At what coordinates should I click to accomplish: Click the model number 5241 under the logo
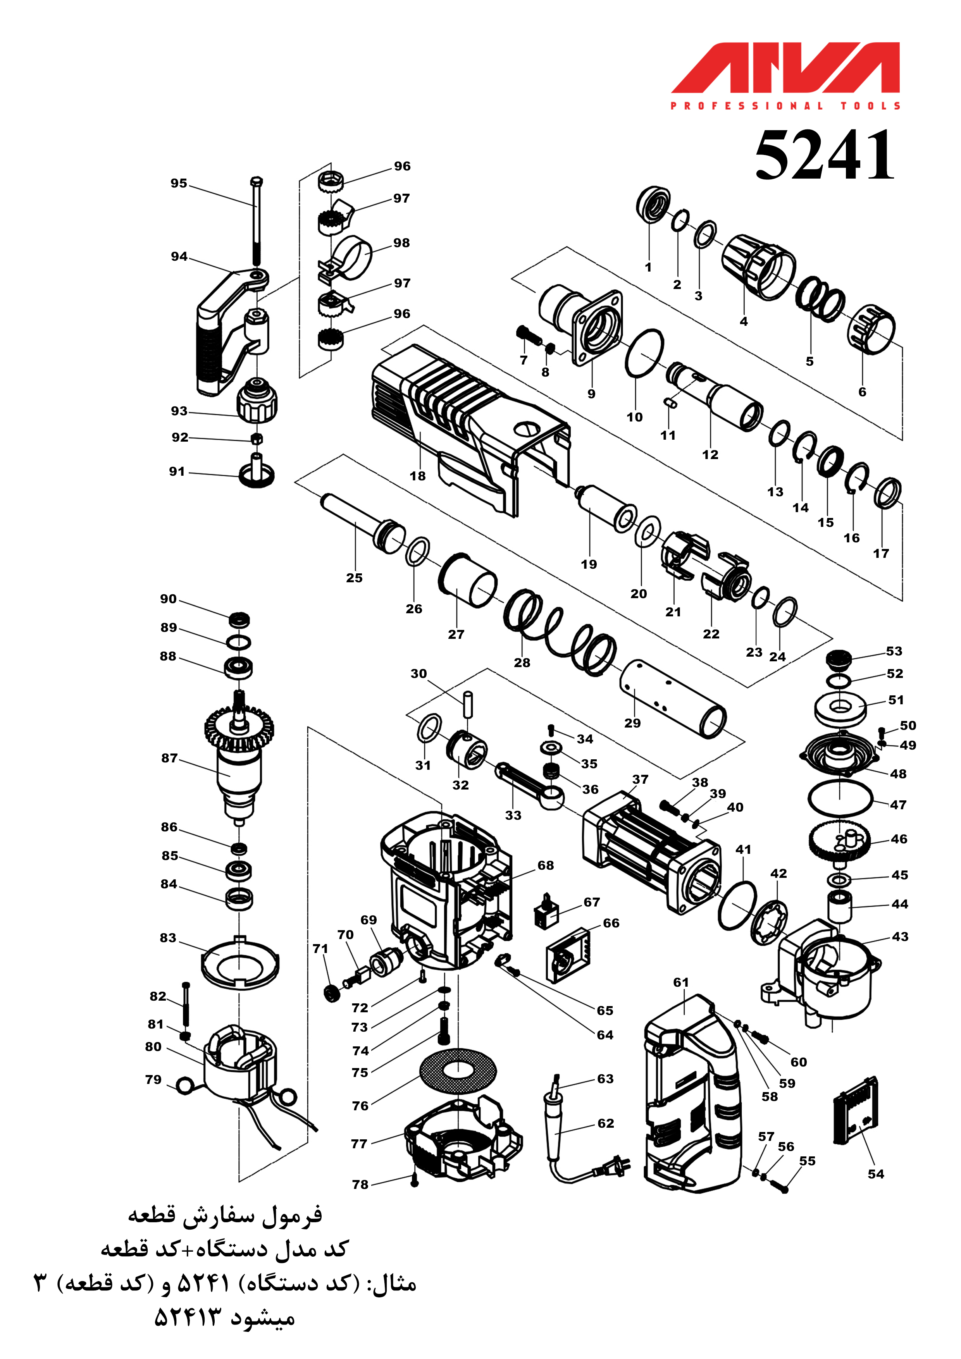pyautogui.click(x=824, y=155)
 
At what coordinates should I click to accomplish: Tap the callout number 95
pyautogui.click(x=179, y=184)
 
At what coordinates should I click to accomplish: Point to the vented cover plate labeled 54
pyautogui.click(x=856, y=1111)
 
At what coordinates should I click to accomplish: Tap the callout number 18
pyautogui.click(x=417, y=476)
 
